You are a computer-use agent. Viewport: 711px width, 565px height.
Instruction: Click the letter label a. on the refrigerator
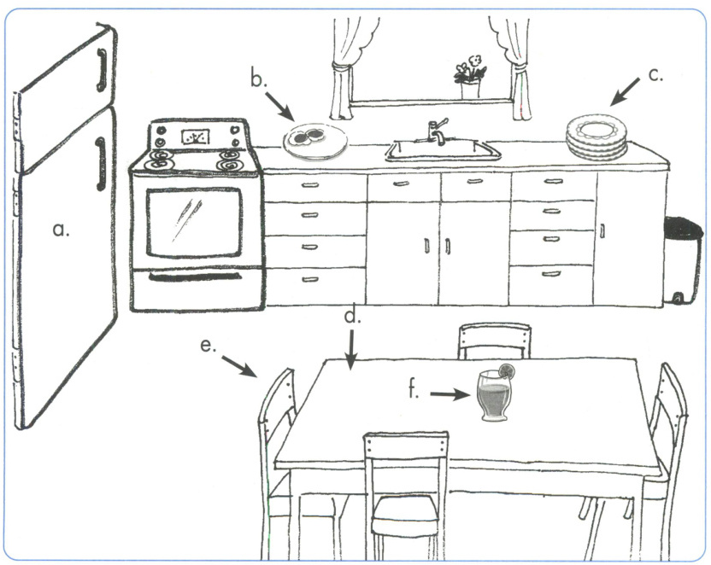60,230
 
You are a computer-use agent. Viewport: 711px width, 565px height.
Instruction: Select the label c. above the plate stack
655,74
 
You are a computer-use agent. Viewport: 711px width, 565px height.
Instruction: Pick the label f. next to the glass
414,393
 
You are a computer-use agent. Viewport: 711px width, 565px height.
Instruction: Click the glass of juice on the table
495,397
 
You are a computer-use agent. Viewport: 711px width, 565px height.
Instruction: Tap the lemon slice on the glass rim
507,371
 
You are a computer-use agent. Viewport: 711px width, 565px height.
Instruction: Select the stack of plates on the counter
596,139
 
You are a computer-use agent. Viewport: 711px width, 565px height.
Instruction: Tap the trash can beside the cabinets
683,259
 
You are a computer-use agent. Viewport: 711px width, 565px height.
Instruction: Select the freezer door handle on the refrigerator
102,69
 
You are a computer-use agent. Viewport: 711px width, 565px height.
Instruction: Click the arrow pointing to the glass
450,393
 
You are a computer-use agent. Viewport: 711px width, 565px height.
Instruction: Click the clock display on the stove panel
196,136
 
